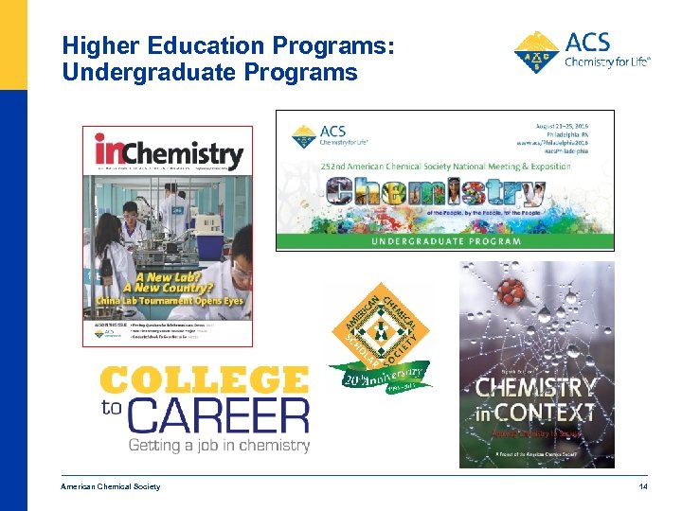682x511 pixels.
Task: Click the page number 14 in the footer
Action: tap(642, 486)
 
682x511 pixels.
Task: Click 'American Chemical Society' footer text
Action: tap(111, 486)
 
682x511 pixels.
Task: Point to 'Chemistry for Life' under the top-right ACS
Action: tap(607, 62)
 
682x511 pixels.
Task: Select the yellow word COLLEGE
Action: tap(205, 380)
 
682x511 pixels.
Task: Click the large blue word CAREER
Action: tap(219, 415)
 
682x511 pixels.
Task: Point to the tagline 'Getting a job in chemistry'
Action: tap(220, 445)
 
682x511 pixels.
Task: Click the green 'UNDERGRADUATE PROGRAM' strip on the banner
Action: tap(444, 241)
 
